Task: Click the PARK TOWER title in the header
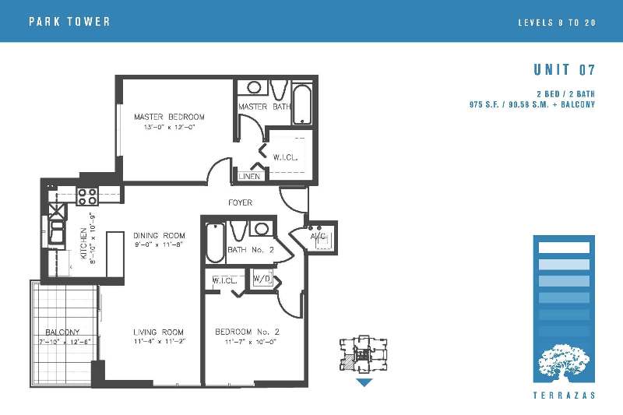69,22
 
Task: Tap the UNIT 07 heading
564,70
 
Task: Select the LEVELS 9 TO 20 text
557,23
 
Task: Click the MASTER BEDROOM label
169,117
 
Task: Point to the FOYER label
241,202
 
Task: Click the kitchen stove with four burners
87,196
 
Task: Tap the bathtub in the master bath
303,104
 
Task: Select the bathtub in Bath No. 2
216,242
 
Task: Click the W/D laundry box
262,279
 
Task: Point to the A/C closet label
318,236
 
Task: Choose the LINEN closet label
249,176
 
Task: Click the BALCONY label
62,332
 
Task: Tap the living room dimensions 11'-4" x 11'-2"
160,342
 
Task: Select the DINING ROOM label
160,235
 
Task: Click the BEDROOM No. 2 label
247,332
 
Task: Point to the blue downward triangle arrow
364,382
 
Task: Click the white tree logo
564,360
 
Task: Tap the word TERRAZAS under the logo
564,396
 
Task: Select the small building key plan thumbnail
364,354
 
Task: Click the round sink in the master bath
255,87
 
